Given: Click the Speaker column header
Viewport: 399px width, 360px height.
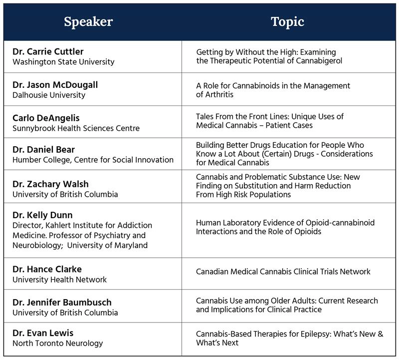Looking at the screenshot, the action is (x=88, y=22).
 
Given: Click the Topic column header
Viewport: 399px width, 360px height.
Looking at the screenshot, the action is (x=287, y=22).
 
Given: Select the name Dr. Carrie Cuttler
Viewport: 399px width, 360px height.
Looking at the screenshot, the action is (x=48, y=52).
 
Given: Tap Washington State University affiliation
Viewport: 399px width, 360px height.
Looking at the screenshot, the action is (x=63, y=62).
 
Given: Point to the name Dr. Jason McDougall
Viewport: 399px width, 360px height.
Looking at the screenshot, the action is (x=55, y=85).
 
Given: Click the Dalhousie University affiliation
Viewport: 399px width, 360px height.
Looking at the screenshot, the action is (x=49, y=95).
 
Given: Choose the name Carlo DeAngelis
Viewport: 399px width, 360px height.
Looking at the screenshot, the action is (x=46, y=118).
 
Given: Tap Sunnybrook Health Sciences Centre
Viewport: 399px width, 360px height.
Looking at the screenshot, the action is (x=76, y=128).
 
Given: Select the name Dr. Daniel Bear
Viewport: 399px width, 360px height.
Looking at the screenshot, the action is (x=43, y=150).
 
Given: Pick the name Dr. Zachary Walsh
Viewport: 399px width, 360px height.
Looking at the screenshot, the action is (x=50, y=184).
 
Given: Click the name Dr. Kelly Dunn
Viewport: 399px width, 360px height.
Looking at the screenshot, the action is (x=42, y=215).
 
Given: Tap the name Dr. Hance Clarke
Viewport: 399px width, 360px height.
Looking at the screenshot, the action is (x=47, y=269).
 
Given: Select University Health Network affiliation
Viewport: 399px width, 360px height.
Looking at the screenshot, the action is (x=59, y=280).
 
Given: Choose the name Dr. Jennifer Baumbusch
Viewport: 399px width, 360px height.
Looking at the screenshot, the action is (x=62, y=303).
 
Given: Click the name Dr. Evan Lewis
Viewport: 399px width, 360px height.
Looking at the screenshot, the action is (x=43, y=333).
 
